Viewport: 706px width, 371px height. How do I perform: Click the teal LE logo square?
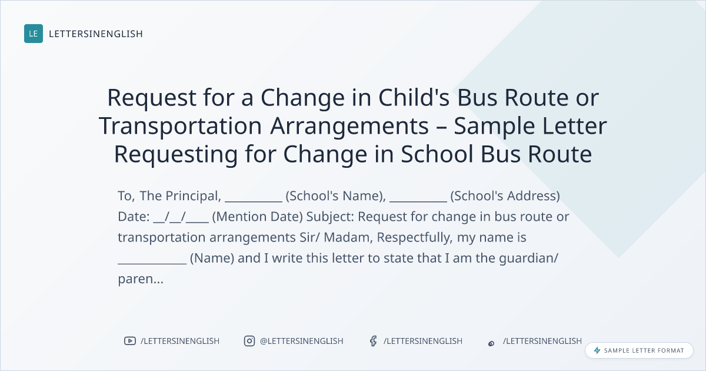pyautogui.click(x=34, y=34)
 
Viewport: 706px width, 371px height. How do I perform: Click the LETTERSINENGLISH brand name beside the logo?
pyautogui.click(x=96, y=34)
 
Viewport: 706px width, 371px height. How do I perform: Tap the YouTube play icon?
pyautogui.click(x=130, y=341)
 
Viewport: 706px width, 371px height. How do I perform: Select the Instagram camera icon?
pyautogui.click(x=249, y=341)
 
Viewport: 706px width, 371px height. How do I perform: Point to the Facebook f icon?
pyautogui.click(x=374, y=341)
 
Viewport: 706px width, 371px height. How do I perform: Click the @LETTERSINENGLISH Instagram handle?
pyautogui.click(x=302, y=341)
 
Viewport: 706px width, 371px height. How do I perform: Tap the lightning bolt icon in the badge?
pyautogui.click(x=597, y=350)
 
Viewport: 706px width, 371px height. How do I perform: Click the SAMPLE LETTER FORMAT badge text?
pyautogui.click(x=644, y=350)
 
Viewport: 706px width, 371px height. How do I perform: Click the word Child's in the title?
pyautogui.click(x=414, y=98)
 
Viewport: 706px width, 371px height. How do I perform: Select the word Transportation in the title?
pyautogui.click(x=180, y=126)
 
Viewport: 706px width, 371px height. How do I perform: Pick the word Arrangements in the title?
pyautogui.click(x=349, y=126)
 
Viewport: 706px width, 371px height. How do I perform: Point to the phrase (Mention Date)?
pyautogui.click(x=258, y=217)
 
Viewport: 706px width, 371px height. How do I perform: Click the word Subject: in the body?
pyautogui.click(x=330, y=217)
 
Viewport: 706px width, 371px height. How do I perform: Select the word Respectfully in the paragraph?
pyautogui.click(x=414, y=237)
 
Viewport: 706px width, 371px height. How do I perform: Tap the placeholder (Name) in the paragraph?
pyautogui.click(x=212, y=259)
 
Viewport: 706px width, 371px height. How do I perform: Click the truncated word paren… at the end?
pyautogui.click(x=141, y=280)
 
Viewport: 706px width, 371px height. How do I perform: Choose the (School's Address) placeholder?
pyautogui.click(x=505, y=196)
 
